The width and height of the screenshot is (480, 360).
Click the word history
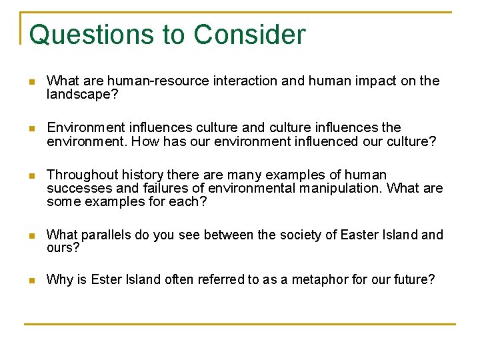point(141,175)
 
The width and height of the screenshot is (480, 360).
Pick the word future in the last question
point(415,280)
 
